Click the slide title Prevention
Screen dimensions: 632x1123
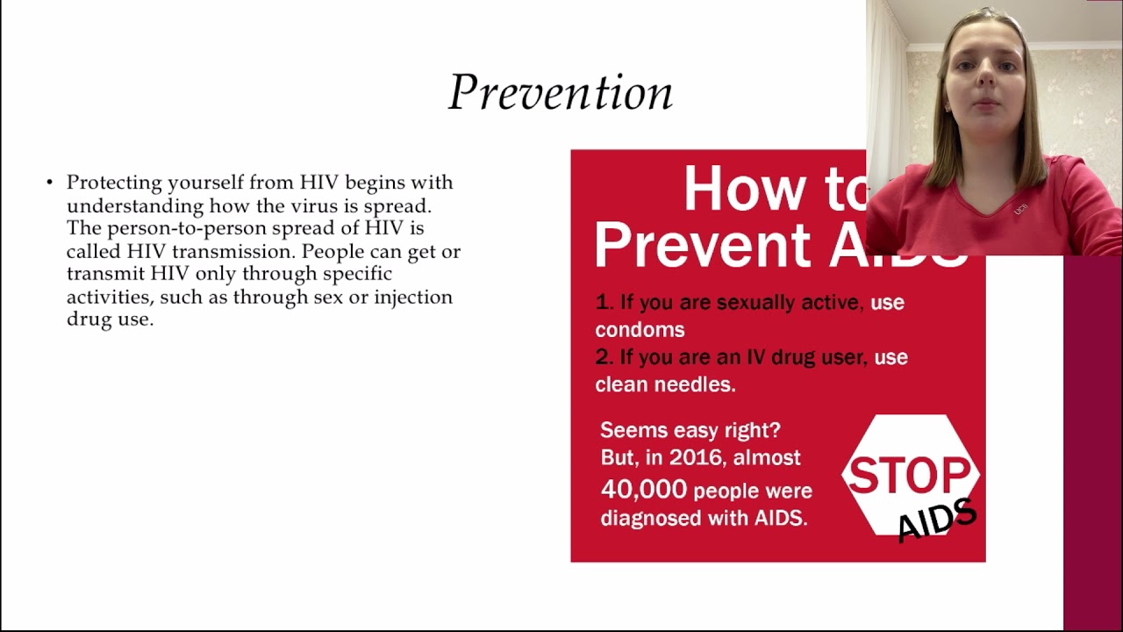[x=560, y=92]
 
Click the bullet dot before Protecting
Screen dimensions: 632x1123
[x=50, y=183]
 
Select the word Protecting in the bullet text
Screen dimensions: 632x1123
[x=114, y=183]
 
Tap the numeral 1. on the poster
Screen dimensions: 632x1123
[x=604, y=302]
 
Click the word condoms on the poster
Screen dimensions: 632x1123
[x=640, y=330]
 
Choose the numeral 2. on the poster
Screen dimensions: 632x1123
[x=604, y=357]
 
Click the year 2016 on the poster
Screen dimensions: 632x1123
[x=697, y=457]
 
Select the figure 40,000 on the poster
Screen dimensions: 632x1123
[x=643, y=490]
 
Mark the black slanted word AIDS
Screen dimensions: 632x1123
[x=937, y=520]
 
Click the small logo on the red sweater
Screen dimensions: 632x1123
[x=1020, y=209]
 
